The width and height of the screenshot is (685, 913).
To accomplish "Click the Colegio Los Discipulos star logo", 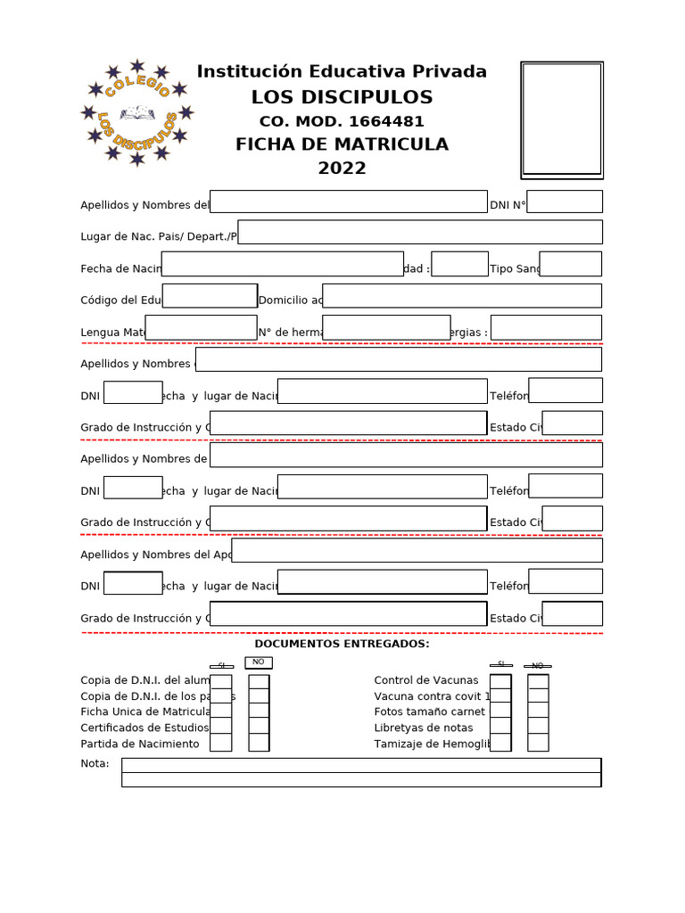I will tap(136, 113).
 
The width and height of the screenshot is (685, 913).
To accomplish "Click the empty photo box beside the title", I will tap(562, 119).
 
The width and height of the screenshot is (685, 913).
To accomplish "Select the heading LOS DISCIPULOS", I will tap(342, 97).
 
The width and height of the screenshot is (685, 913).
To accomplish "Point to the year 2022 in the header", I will tap(342, 169).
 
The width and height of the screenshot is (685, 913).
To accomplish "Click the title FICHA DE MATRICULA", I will tap(342, 144).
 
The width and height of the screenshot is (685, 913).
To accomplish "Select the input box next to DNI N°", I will tap(565, 202).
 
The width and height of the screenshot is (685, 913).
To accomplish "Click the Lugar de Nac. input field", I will tap(420, 232).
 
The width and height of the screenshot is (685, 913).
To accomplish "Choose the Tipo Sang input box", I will tap(570, 264).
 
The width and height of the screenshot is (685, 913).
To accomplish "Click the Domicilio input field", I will tap(462, 296).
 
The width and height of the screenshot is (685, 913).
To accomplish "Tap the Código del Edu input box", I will tap(210, 296).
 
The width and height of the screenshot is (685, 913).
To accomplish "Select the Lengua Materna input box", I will tap(201, 327).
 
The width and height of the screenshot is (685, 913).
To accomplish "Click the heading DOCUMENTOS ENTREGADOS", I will tap(342, 644).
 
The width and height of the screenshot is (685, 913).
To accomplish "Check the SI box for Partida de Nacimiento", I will tap(220, 743).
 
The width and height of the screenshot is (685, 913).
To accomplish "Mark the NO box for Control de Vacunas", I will tap(538, 681).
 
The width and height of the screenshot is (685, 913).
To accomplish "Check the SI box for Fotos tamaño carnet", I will tap(500, 711).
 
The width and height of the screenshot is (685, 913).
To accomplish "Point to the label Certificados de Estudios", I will tap(144, 728).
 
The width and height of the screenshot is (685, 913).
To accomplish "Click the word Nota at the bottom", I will tap(95, 763).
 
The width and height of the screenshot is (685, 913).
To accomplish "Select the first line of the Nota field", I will tap(361, 765).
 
